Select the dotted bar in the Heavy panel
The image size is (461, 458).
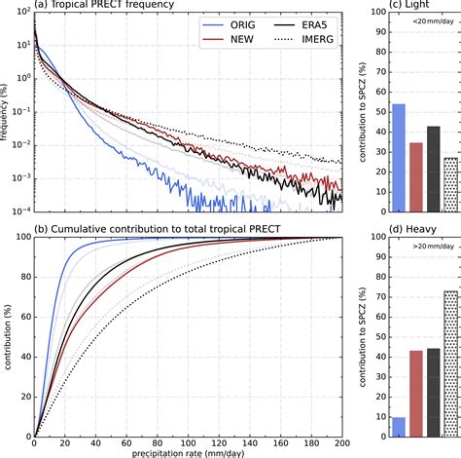451,362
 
